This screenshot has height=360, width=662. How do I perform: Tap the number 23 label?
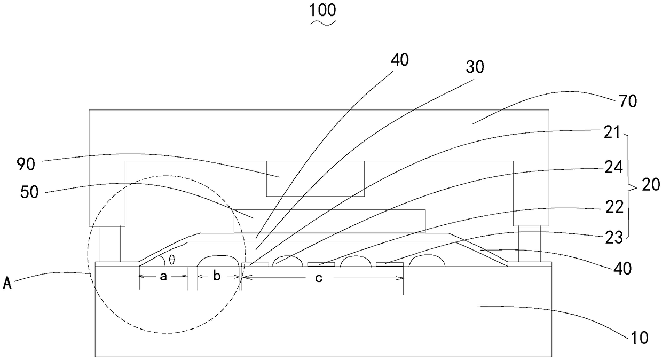(x=631, y=238)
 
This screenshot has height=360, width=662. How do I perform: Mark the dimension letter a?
(x=163, y=277)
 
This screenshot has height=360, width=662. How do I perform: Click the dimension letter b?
(x=217, y=277)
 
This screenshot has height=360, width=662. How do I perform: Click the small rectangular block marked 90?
(x=315, y=178)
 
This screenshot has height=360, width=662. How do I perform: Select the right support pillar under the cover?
(x=529, y=244)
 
